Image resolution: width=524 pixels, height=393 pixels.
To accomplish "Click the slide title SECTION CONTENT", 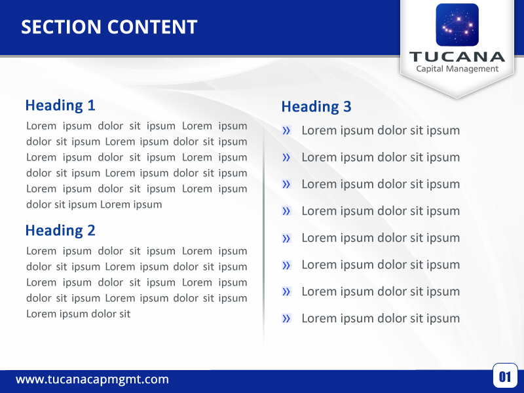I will (x=109, y=27).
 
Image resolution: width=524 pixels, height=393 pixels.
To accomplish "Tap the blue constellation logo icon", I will (x=457, y=25).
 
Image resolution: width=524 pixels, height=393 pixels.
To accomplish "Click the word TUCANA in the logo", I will (x=457, y=56).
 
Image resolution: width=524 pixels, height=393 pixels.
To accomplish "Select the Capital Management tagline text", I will (x=457, y=69).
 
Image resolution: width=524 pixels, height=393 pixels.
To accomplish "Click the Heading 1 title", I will (x=60, y=105).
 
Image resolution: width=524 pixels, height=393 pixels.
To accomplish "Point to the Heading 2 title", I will (x=60, y=230).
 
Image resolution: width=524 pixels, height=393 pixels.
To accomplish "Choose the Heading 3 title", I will (x=316, y=106).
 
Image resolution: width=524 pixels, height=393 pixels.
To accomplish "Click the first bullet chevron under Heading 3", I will (x=286, y=131).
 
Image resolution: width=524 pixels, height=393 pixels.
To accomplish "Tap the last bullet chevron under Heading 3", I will (x=286, y=319).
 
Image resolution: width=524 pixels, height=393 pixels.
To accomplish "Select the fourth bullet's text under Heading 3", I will (x=381, y=211).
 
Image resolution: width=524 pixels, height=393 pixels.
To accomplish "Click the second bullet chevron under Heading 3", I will (x=286, y=158).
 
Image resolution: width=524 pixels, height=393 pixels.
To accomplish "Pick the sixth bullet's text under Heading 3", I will (x=381, y=265).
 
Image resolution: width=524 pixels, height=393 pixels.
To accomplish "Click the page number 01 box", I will (x=505, y=376).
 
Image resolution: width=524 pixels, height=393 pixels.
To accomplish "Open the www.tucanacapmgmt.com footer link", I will (x=92, y=379).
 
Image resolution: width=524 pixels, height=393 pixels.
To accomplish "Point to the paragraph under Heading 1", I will (x=137, y=165).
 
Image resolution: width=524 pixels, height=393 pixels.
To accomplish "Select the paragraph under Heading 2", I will (x=137, y=282).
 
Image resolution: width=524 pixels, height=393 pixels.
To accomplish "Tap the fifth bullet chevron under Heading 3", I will (x=286, y=238).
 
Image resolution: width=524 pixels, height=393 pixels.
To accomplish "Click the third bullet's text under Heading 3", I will (x=381, y=184).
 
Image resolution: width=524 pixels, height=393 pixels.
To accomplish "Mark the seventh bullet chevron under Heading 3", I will (x=286, y=292).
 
